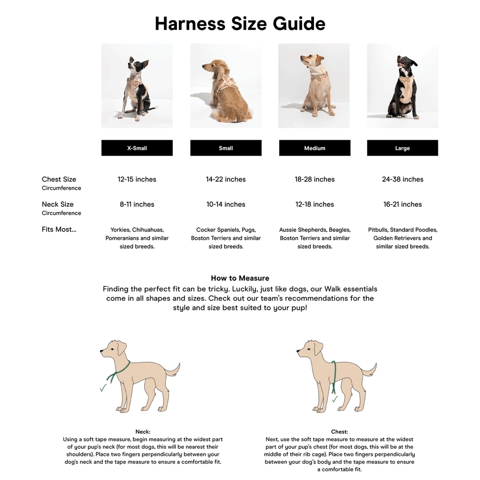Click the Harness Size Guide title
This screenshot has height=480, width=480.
pos(240,24)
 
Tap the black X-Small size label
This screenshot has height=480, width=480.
pos(137,148)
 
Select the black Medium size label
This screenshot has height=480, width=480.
pos(314,148)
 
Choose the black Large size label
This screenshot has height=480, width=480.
pos(402,148)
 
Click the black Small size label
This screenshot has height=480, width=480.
pos(226,148)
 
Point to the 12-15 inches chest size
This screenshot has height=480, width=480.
pos(137,179)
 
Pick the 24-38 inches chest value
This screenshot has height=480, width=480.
pos(402,179)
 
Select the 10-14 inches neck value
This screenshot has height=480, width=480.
pos(226,204)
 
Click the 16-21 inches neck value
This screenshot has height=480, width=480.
pos(402,204)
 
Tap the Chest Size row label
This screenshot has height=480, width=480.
pos(59,179)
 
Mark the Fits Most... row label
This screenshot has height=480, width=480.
pos(59,230)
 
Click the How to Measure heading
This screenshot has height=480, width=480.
pos(240,278)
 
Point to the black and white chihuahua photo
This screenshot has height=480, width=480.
pos(137,86)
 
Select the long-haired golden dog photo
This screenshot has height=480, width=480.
pos(226,86)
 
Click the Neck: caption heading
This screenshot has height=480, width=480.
pos(143,432)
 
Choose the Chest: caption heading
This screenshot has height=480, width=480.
pos(339,432)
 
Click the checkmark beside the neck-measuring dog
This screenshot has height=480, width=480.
pos(103,388)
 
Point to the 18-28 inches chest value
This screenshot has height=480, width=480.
pos(314,179)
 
